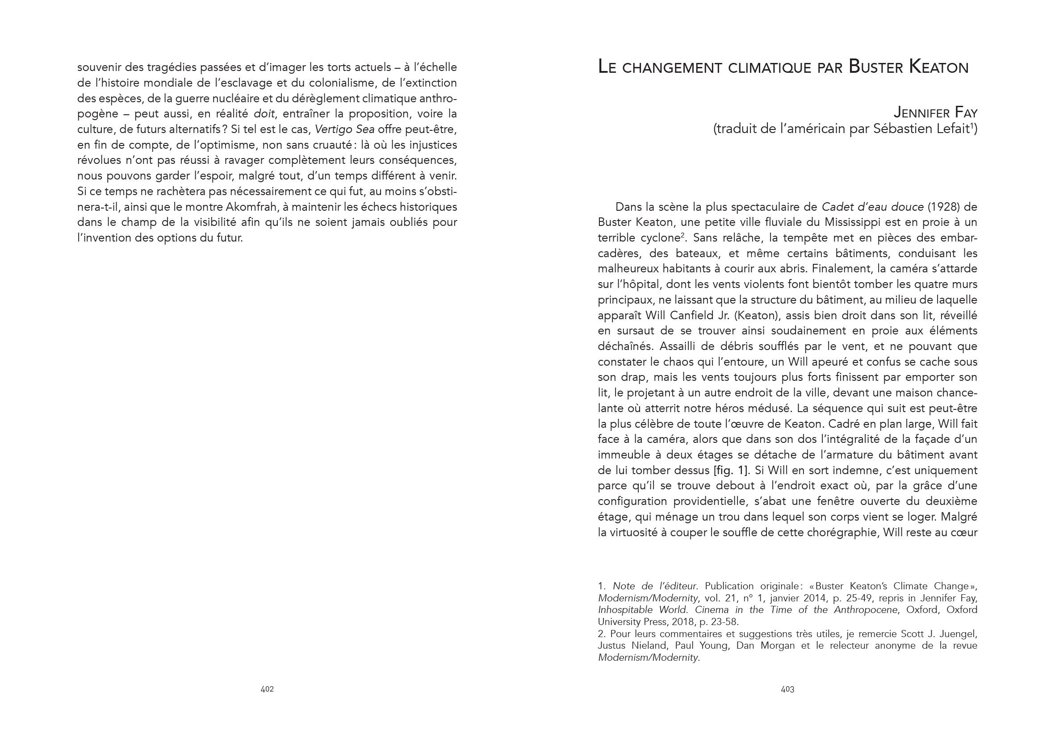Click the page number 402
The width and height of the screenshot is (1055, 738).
267,689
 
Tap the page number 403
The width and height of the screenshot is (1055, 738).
787,689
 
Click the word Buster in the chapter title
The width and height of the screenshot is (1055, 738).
875,67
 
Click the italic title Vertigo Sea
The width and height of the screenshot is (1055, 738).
344,129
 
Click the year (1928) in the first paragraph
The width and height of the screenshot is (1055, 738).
941,207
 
